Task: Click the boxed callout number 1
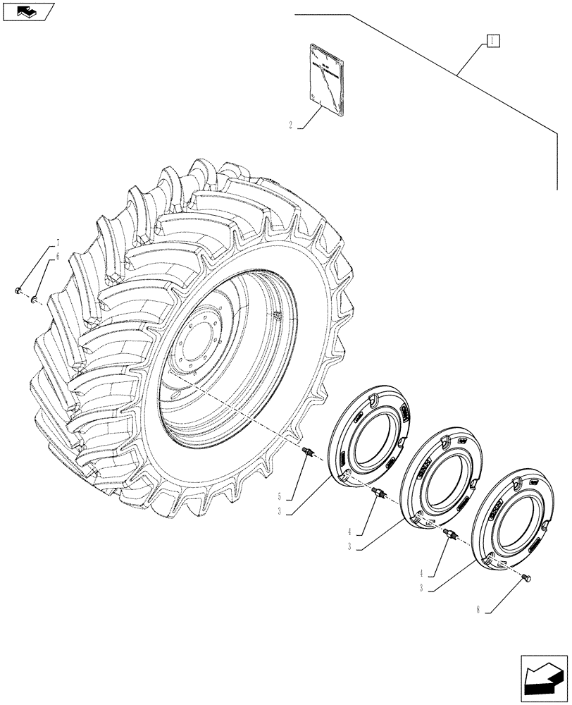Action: pyautogui.click(x=492, y=41)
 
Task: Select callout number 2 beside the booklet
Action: pyautogui.click(x=290, y=127)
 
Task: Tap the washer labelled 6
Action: pyautogui.click(x=34, y=301)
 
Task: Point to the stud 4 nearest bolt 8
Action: pyautogui.click(x=449, y=537)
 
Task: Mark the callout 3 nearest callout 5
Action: pyautogui.click(x=280, y=512)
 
